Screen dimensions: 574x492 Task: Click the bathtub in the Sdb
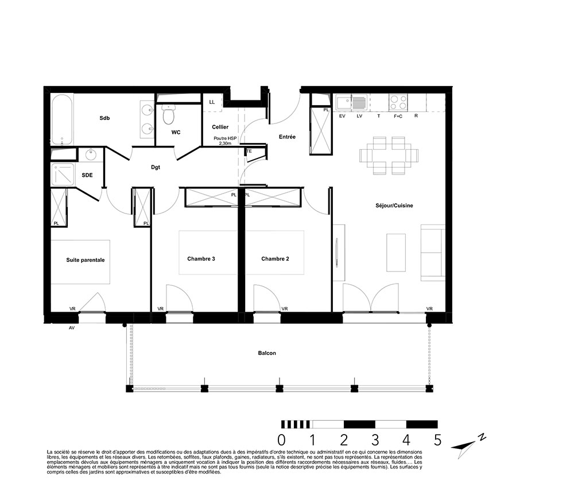coord(62,119)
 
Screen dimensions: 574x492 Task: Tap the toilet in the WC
coord(168,114)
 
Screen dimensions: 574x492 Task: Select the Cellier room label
coord(220,127)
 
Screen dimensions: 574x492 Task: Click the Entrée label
coord(287,137)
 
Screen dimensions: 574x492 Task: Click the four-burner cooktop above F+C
coord(398,102)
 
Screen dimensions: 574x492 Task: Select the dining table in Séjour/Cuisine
coord(389,155)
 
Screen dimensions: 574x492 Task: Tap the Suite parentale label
coord(86,260)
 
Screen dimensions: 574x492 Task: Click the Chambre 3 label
coord(201,259)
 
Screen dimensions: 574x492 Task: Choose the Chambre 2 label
coord(275,259)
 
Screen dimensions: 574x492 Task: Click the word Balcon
coord(267,353)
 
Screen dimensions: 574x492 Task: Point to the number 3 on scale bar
coord(375,440)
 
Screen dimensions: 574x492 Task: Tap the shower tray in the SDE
coord(63,175)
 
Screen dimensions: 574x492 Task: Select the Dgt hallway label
coord(156,167)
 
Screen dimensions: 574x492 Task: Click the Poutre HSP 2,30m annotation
coord(225,141)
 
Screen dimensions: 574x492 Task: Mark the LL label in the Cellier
coord(212,102)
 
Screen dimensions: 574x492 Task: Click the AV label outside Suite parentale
coord(72,328)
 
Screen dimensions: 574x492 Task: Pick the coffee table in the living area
coord(395,253)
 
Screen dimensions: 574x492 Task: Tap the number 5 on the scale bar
coord(438,440)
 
